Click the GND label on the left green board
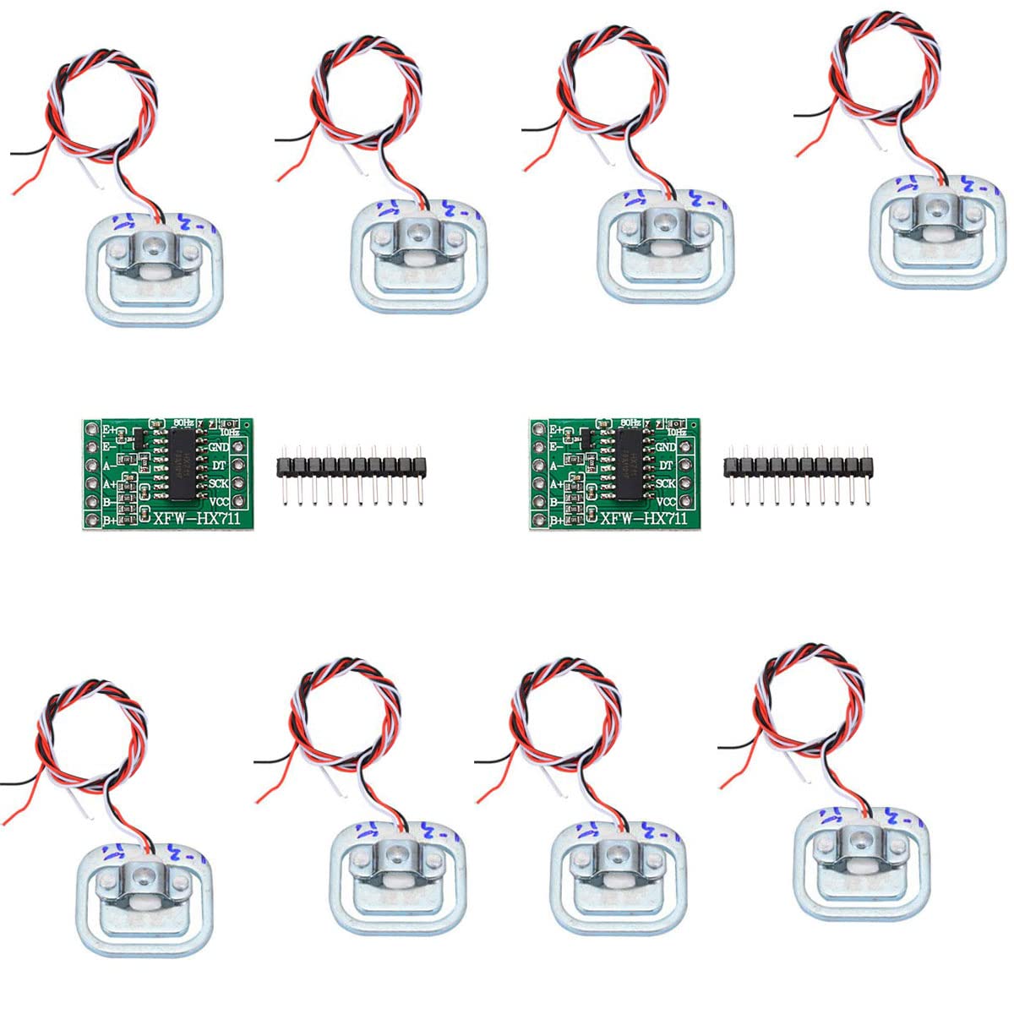coord(218,446)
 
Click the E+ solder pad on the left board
coord(90,428)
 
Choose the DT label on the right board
coord(665,465)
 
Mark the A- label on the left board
coord(109,466)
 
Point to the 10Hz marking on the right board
coord(677,433)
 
